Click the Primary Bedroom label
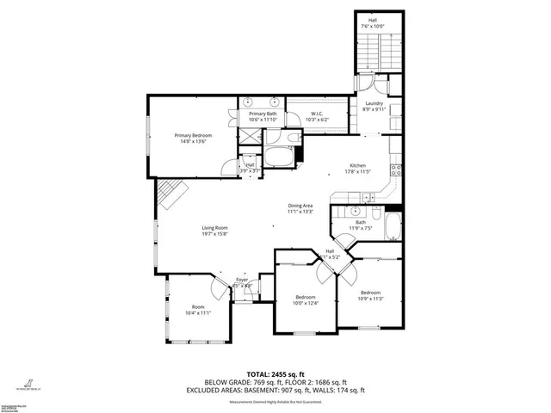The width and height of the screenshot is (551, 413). (x=193, y=135)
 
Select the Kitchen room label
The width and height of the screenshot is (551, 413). (x=357, y=166)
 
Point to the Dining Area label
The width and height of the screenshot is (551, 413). (x=300, y=206)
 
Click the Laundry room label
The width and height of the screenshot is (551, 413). (x=373, y=104)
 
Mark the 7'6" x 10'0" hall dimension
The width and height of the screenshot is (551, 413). (x=373, y=26)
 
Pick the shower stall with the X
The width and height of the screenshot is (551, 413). (x=250, y=137)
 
